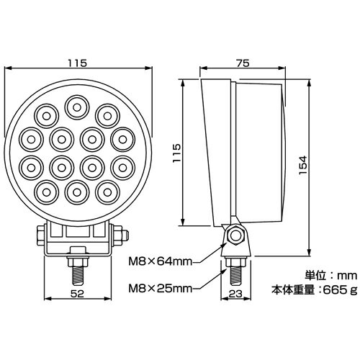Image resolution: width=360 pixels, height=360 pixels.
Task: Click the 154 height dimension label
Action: [x=303, y=166]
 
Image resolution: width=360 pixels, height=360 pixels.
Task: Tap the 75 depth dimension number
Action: [x=243, y=63]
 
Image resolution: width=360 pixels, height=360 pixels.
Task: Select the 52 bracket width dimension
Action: [x=78, y=294]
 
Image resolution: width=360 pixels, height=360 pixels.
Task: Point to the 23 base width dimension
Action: [x=235, y=294]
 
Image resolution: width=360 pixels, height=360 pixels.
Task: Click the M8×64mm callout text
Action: [x=161, y=261]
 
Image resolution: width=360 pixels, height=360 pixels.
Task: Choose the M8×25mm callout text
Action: [x=161, y=289]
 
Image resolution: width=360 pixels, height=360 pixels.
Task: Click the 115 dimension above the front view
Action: [x=77, y=63]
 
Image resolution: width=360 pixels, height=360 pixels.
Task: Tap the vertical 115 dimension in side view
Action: [x=176, y=153]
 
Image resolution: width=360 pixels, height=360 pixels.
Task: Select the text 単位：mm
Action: [x=331, y=275]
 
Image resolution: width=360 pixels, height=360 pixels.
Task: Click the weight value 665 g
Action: [x=341, y=290]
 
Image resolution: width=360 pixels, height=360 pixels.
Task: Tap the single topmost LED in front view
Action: [x=77, y=107]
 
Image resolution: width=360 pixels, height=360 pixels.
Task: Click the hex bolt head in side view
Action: [x=235, y=235]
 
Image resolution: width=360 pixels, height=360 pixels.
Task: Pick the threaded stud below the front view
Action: [x=77, y=276]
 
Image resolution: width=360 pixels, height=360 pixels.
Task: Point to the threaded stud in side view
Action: [x=235, y=275]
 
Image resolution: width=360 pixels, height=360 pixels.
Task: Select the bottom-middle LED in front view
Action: [x=77, y=192]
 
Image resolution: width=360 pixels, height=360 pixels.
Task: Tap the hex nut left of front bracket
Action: [x=41, y=235]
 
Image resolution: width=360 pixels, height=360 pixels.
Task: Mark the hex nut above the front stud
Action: [x=78, y=261]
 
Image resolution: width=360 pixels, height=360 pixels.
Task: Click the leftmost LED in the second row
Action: [x=31, y=140]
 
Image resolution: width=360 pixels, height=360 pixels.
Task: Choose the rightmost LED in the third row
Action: [x=123, y=168]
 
